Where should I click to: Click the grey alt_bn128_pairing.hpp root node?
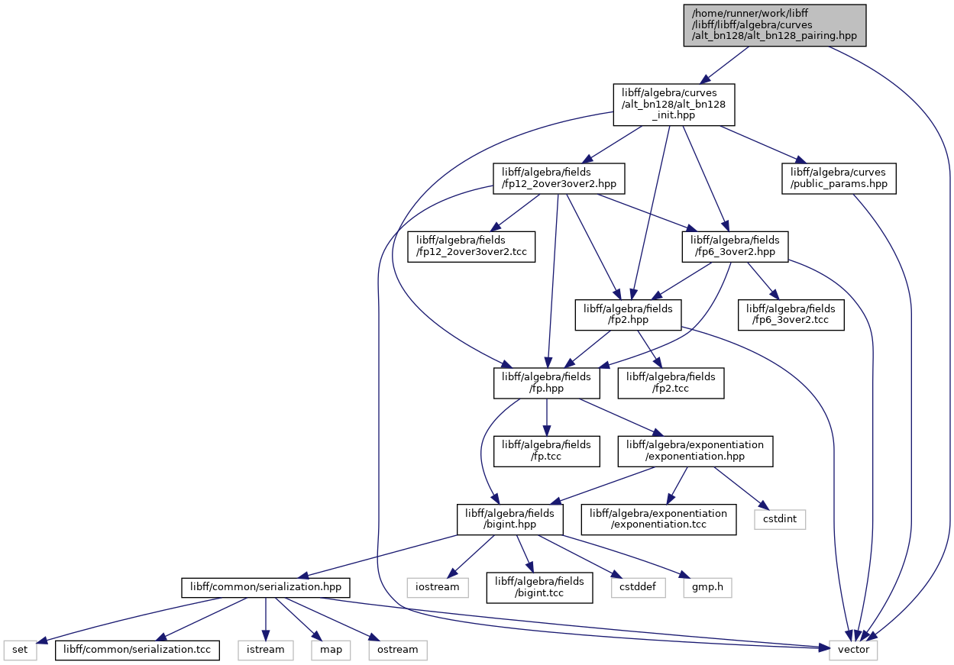(775, 25)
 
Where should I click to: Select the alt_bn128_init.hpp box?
(674, 105)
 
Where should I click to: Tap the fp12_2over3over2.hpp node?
(559, 179)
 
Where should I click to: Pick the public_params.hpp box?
(839, 179)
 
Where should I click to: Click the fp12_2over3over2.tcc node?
(471, 247)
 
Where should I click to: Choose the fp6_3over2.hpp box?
(735, 247)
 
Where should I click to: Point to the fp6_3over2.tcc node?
(791, 315)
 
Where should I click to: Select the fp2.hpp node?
(628, 315)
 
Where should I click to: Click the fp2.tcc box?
(671, 383)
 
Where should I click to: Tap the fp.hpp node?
(547, 383)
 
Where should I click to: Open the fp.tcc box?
(547, 451)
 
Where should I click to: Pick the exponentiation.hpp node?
(696, 451)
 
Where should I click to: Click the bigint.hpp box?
(509, 519)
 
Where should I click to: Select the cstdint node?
(780, 519)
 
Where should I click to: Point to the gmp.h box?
(707, 588)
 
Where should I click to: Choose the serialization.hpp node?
(266, 588)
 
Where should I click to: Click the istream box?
(266, 650)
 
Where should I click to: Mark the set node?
(20, 650)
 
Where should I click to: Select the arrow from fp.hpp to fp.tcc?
(547, 417)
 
